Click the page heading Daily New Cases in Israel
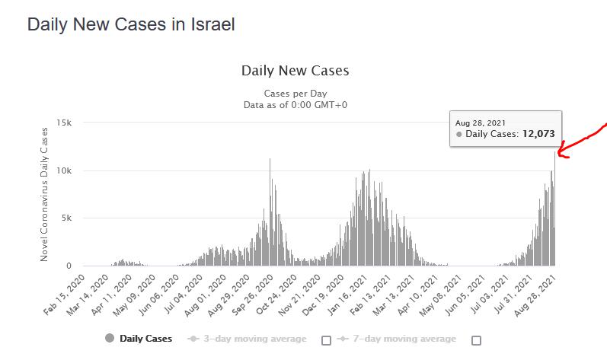click(130, 24)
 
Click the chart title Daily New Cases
click(295, 71)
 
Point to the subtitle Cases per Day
click(295, 94)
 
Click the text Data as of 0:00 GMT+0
click(295, 105)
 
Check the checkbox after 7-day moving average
click(476, 340)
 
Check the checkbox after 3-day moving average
click(326, 340)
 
